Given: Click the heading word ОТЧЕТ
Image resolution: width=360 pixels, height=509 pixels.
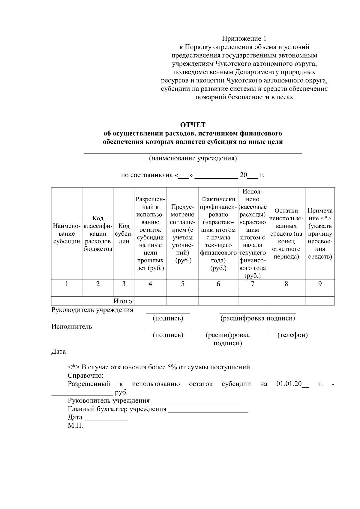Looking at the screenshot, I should coord(193,124).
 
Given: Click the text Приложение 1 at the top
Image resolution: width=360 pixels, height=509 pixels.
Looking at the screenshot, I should coord(244,39).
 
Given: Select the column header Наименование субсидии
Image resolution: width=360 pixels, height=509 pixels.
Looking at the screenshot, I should coord(67,234).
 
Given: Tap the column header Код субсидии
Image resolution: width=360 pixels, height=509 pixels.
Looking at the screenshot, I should coord(124,234).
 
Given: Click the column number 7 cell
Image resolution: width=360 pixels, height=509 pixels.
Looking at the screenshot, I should coord(253,284).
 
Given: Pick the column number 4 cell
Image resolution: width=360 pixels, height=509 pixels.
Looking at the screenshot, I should coord(150,284).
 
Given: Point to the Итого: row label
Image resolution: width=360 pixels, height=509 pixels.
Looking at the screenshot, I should coord(123,301).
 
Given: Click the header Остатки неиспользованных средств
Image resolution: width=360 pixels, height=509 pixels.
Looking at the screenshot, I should coord(286,234).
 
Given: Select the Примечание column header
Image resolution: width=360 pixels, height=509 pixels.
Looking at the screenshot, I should coord(320,234).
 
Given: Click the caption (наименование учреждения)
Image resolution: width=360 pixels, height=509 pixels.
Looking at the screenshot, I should coord(193,158).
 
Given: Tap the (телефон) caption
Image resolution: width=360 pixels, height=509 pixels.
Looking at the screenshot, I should coord(292,335).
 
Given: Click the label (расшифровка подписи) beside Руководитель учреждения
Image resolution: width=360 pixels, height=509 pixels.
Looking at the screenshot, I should coord(258,318).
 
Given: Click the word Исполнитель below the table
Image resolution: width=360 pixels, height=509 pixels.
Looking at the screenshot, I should coord(72,326).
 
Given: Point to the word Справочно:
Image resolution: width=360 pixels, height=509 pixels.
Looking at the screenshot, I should coord(85,375).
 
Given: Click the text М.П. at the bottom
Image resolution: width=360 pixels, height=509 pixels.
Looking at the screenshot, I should coord(75,425).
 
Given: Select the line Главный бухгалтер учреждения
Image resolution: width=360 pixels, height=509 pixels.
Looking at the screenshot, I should coord(117,409).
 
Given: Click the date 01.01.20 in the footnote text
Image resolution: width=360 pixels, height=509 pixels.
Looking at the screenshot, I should coord(289,384).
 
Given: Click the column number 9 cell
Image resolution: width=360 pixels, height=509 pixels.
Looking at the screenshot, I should coord(320,284).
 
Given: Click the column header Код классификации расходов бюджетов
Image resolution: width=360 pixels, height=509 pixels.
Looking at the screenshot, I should coord(98,234).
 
